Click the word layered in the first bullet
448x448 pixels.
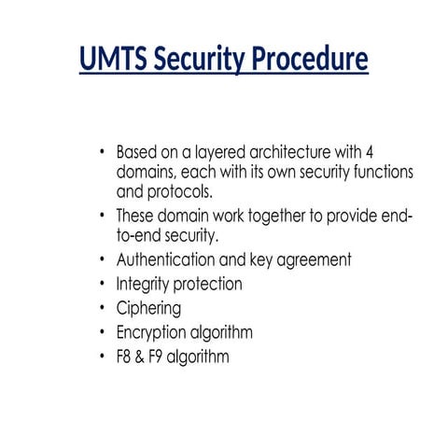(206, 152)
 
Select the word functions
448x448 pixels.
(356, 173)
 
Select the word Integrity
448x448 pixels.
(142, 284)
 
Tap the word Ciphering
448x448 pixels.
(148, 308)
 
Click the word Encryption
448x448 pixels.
(152, 332)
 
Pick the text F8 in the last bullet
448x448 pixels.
(125, 357)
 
